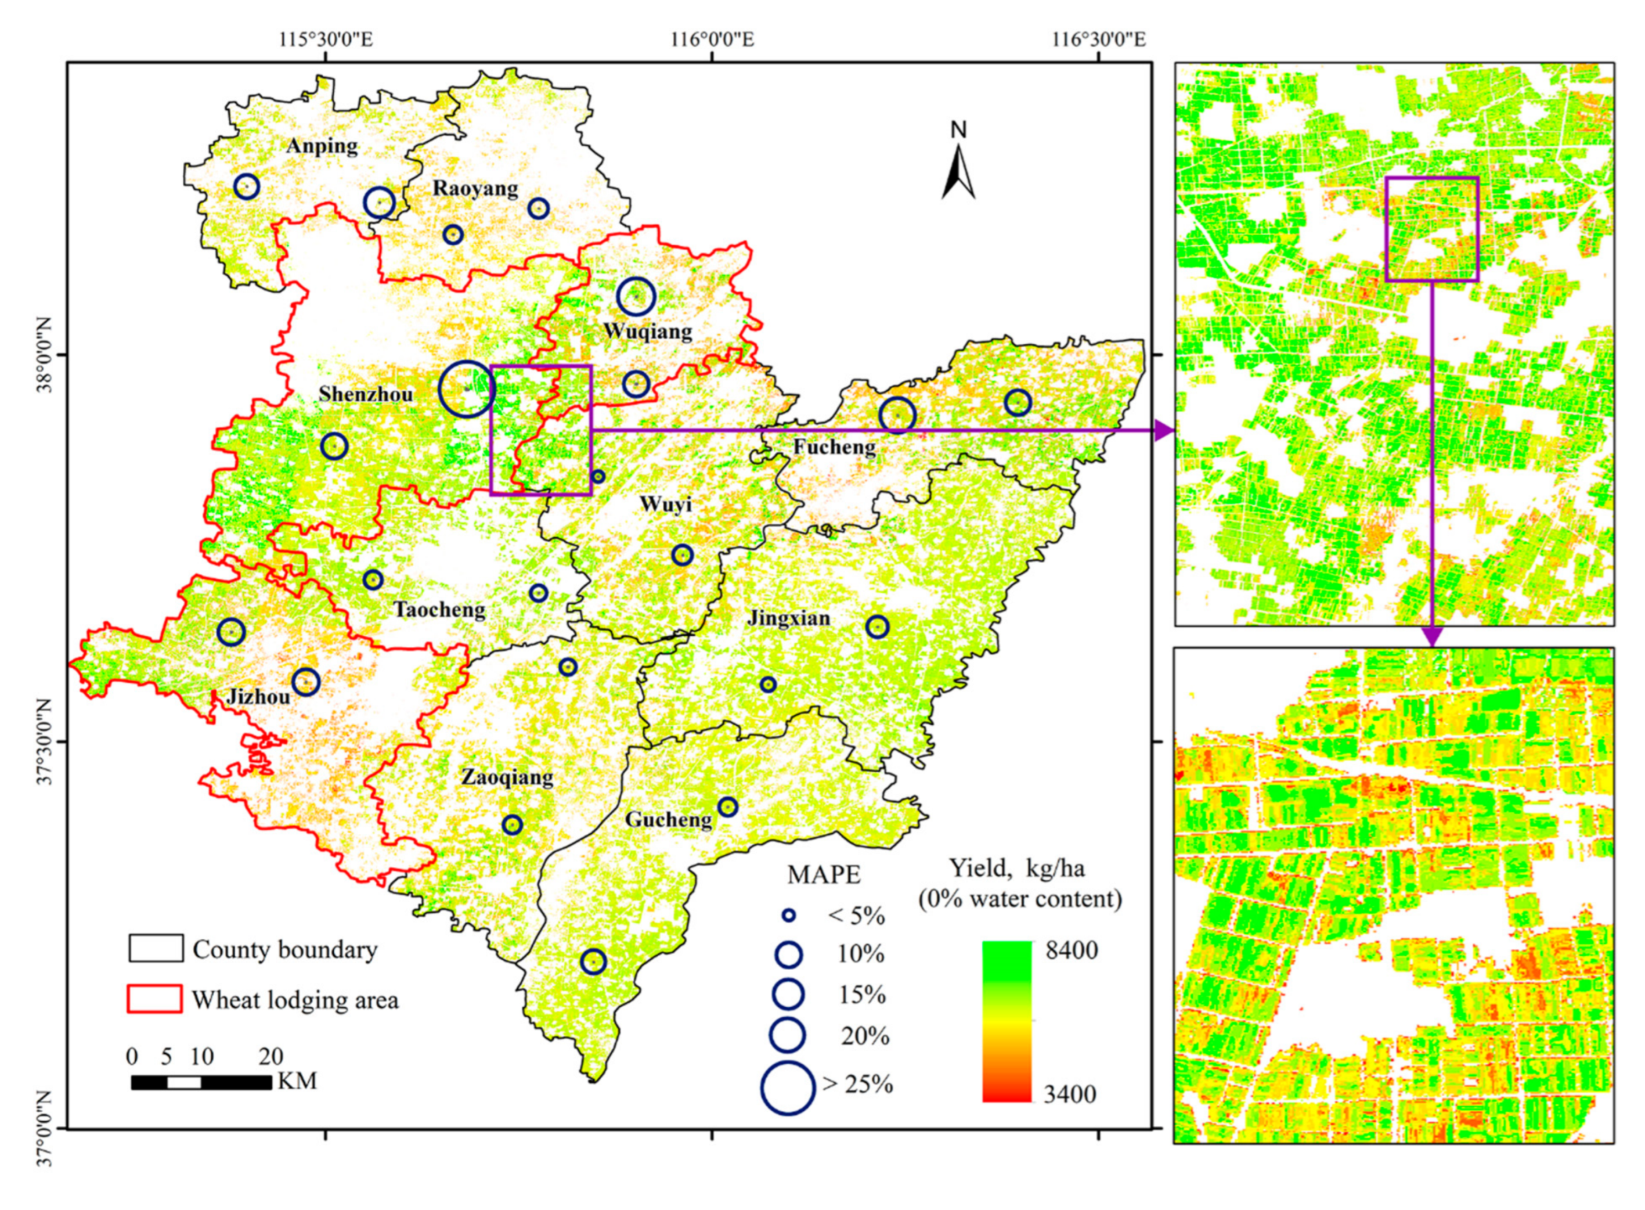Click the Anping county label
click(x=322, y=146)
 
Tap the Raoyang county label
click(x=475, y=188)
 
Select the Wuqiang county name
click(x=647, y=331)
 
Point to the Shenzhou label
click(x=365, y=394)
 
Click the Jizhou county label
click(x=258, y=696)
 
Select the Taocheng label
click(x=439, y=610)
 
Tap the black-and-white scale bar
click(x=201, y=1082)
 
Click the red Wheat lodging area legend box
click(x=155, y=999)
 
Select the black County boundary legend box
click(x=155, y=949)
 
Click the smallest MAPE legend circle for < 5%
click(x=788, y=916)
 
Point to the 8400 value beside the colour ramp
click(x=1071, y=950)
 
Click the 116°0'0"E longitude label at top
click(x=712, y=39)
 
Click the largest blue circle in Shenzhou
click(x=466, y=389)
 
